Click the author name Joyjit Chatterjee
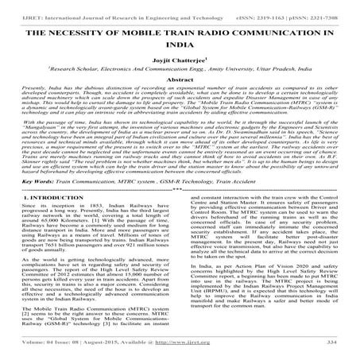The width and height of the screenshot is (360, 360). point(179,57)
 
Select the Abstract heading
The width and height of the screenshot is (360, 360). point(180,80)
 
